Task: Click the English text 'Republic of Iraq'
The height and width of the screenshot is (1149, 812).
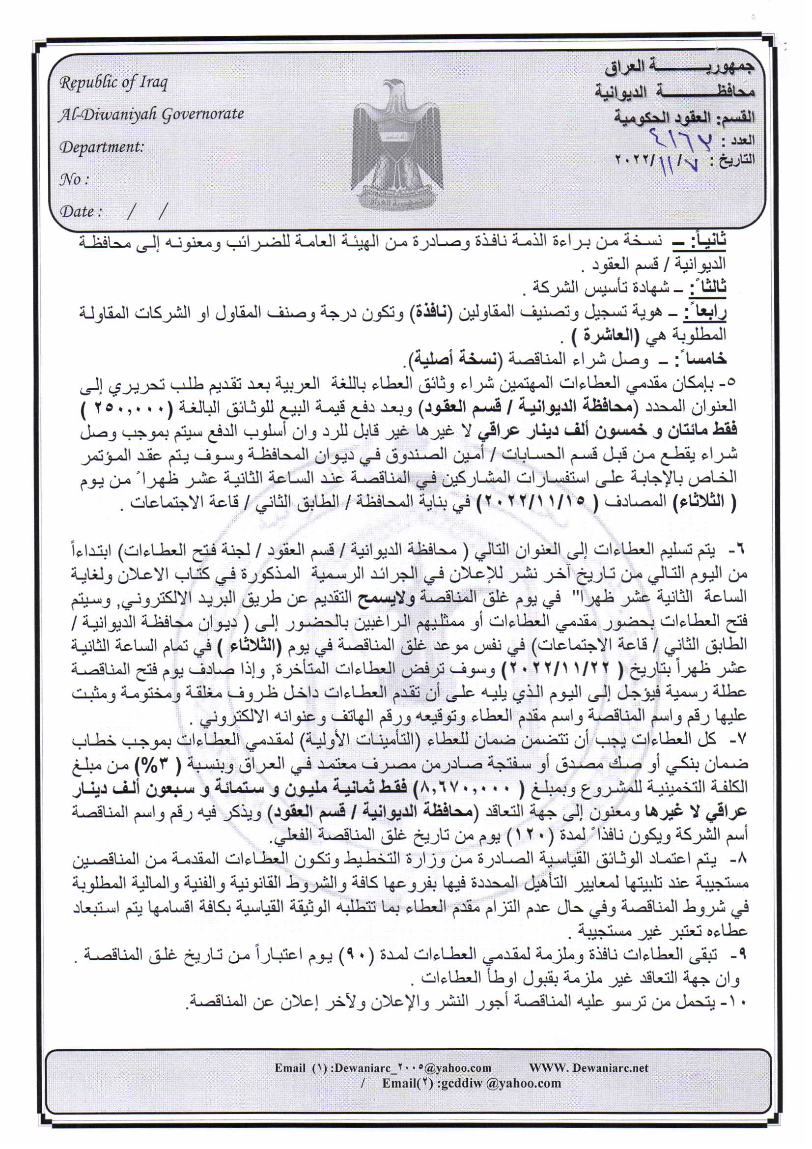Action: (x=113, y=83)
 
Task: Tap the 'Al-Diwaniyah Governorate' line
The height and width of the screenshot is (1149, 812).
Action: (x=151, y=115)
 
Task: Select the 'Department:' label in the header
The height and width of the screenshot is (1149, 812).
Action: (x=102, y=147)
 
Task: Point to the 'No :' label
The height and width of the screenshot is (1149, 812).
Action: (x=74, y=179)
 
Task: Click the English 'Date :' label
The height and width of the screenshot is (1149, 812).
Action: (x=81, y=211)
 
